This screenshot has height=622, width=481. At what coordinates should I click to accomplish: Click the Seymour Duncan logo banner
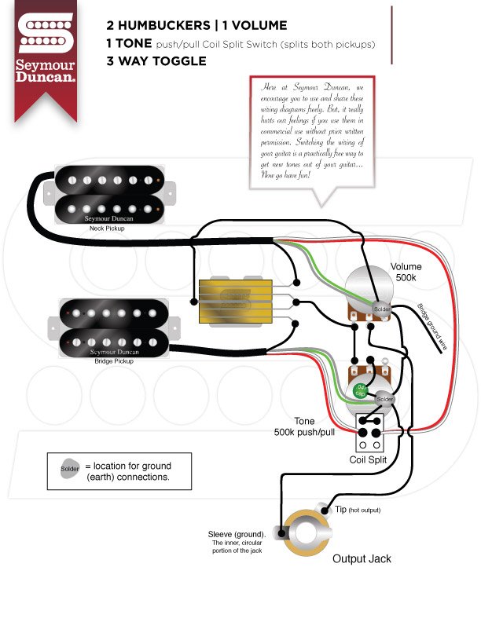click(46, 51)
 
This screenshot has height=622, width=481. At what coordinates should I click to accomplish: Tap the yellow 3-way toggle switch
click(235, 300)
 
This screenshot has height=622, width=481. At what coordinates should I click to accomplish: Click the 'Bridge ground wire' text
click(431, 324)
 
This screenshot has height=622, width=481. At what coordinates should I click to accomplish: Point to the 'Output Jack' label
click(362, 559)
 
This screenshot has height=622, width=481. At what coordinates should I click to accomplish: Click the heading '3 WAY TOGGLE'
click(156, 60)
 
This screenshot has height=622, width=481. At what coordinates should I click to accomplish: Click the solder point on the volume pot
click(380, 308)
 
